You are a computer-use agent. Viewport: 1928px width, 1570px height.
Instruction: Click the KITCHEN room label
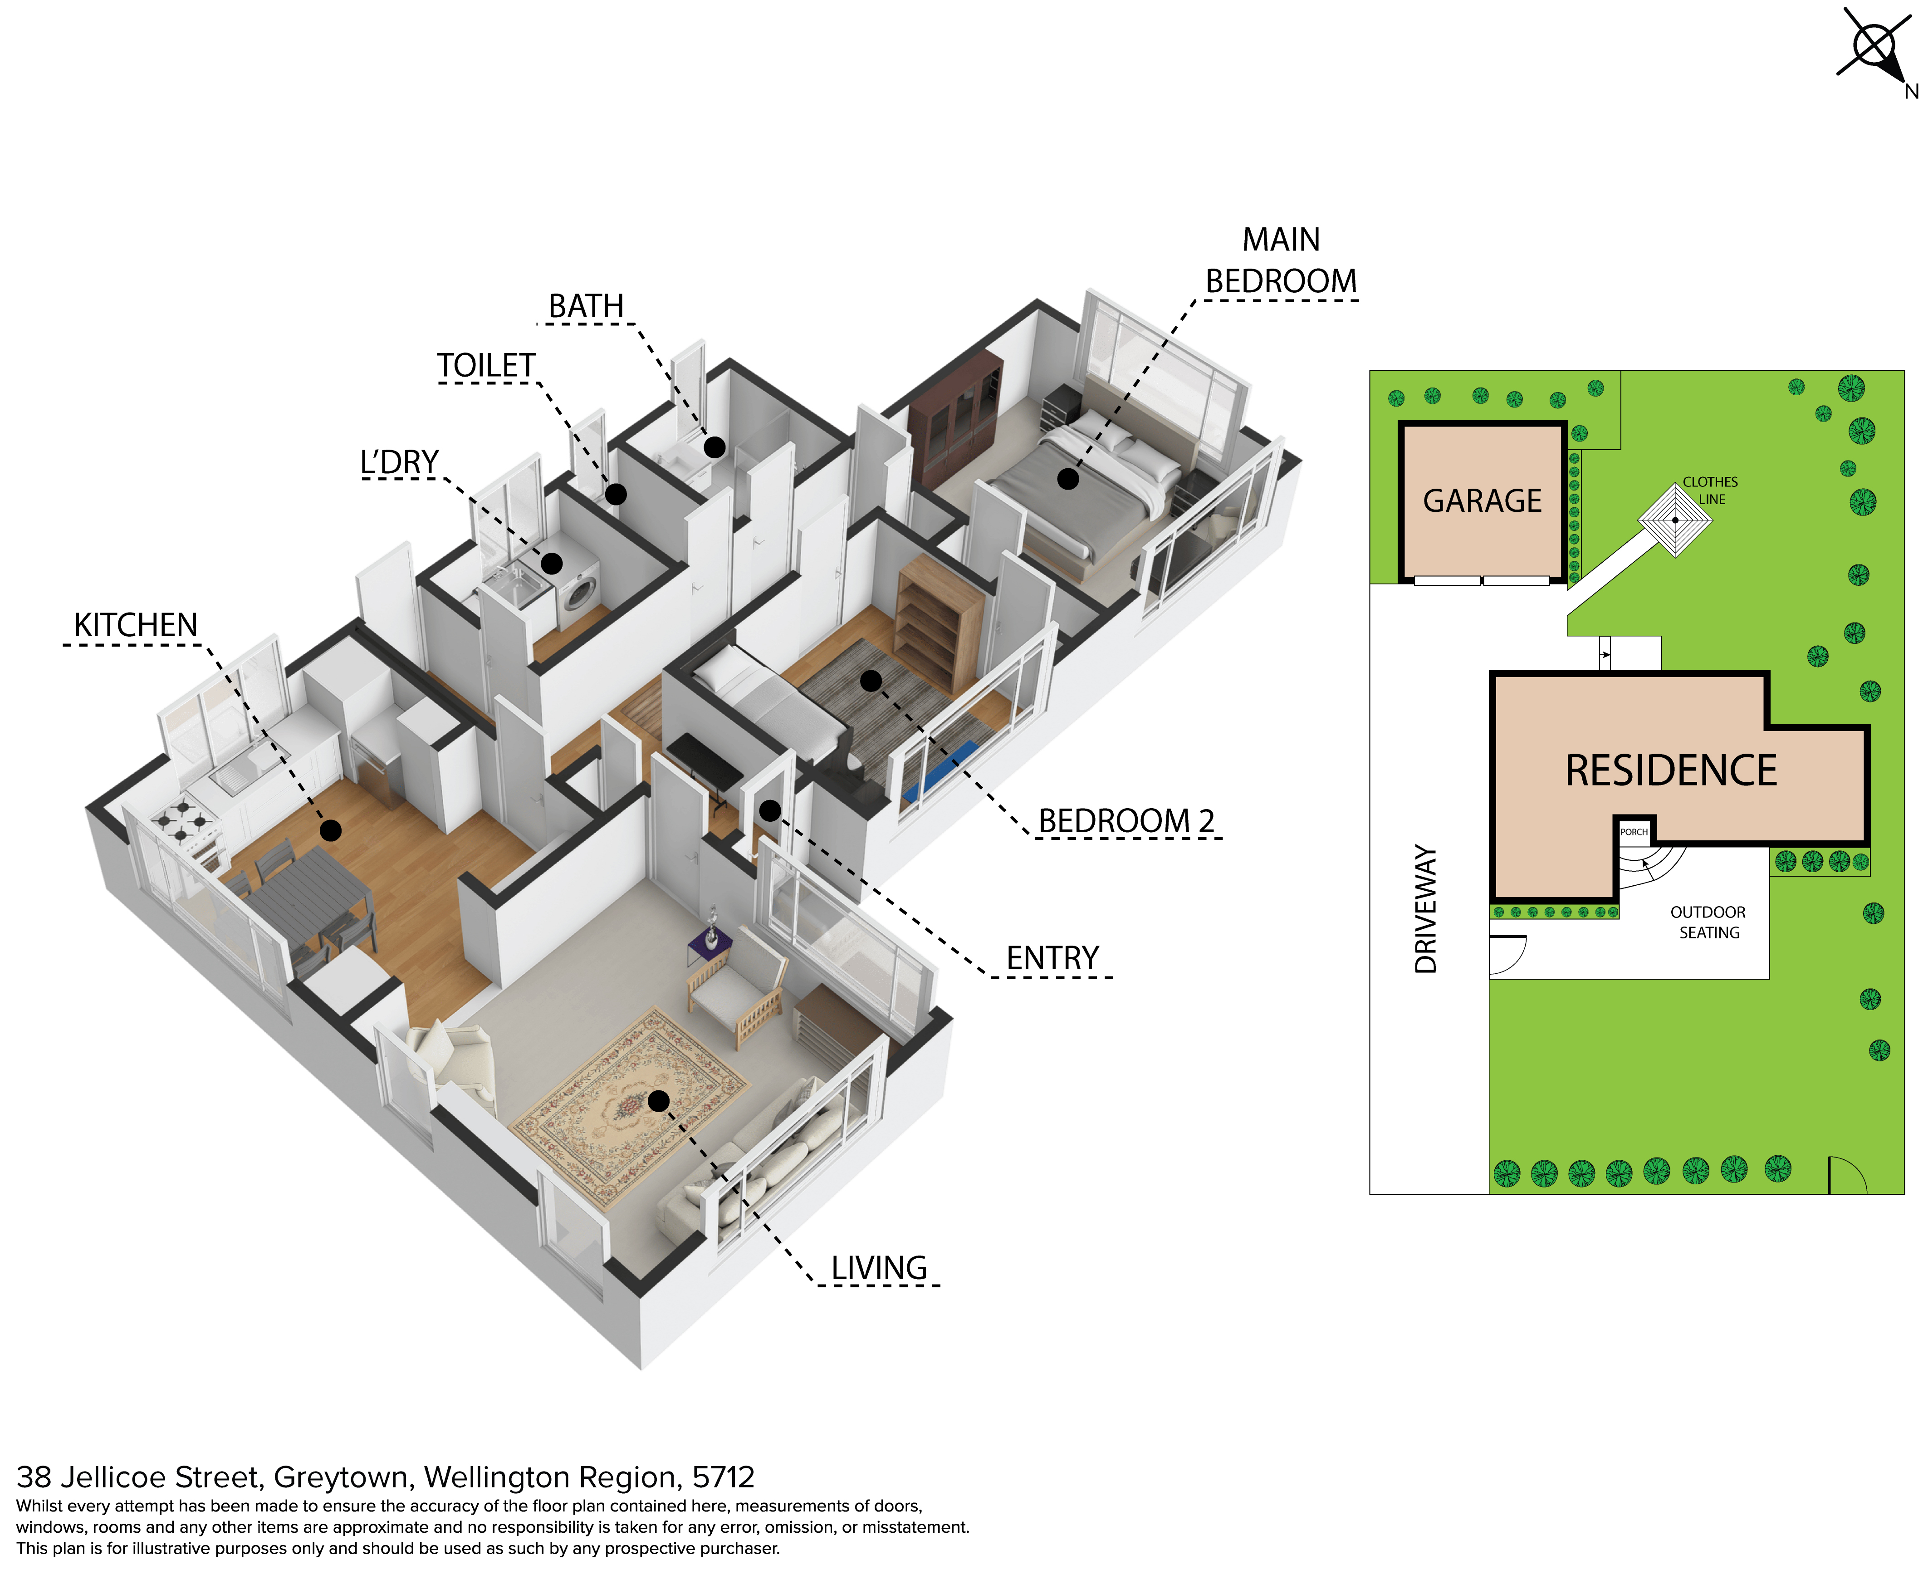click(x=136, y=625)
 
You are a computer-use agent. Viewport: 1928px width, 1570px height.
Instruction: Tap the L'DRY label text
click(x=400, y=462)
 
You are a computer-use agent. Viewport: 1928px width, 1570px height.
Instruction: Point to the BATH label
click(x=586, y=307)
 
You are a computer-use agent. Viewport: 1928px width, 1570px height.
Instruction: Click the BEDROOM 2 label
click(x=1126, y=821)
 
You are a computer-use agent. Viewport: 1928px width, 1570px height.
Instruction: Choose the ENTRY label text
click(x=1052, y=958)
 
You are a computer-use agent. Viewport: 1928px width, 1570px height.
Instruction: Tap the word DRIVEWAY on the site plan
click(x=1426, y=909)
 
